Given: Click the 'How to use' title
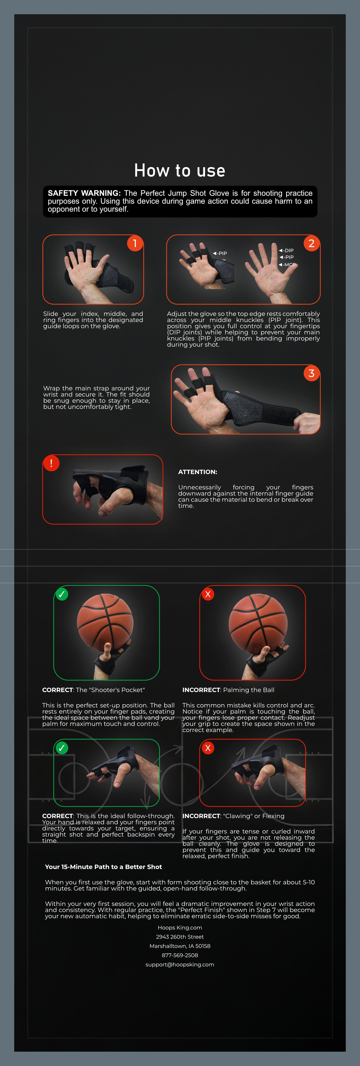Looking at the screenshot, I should [180, 171].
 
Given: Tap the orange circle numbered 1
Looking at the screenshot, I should [135, 243].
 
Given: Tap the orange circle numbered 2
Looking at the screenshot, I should [312, 243].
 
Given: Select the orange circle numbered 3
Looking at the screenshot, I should [312, 373].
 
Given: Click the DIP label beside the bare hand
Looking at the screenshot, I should [288, 250].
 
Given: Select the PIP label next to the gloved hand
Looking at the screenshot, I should [221, 253].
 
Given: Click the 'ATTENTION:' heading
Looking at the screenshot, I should [197, 472].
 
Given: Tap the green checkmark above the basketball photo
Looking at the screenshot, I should [62, 594].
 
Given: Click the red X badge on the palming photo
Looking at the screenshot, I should [208, 594].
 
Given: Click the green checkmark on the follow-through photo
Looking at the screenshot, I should [62, 748].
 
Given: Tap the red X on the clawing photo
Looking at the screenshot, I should [208, 748].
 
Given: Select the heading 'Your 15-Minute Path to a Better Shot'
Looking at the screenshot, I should [103, 867].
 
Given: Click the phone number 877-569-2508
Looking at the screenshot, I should [180, 955].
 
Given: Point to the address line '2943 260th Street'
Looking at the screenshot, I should [180, 937].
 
